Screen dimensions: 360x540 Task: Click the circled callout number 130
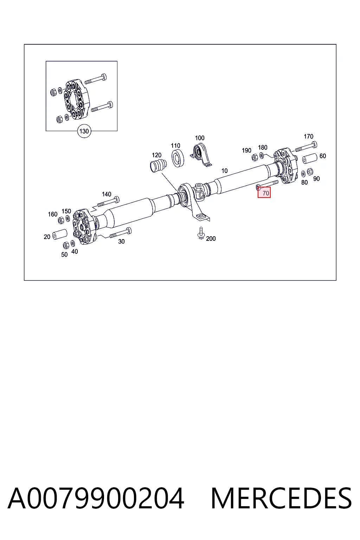point(84,131)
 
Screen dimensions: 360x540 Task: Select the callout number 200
point(211,239)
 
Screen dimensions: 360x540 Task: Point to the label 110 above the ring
point(175,146)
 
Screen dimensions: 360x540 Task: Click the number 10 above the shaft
point(225,171)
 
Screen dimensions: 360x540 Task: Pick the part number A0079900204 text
point(96,498)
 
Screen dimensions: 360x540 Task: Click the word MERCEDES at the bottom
point(281,498)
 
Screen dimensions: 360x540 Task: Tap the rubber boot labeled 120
point(158,165)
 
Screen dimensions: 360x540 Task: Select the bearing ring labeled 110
point(178,158)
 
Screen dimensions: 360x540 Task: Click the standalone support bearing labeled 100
point(201,155)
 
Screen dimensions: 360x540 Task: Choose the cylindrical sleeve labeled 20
point(59,234)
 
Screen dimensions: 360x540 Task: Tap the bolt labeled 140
point(108,202)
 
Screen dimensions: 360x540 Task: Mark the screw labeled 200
point(201,233)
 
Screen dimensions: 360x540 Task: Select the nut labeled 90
point(310,172)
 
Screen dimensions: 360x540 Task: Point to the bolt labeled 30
point(121,233)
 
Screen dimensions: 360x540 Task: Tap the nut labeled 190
point(255,157)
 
